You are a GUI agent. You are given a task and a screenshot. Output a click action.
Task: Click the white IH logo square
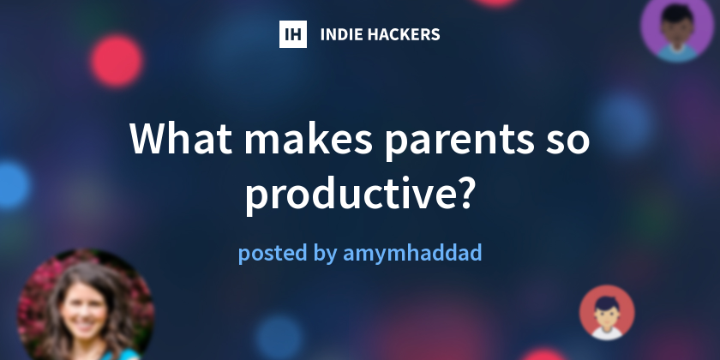point(293,34)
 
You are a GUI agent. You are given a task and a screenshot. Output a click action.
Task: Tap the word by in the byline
point(325,255)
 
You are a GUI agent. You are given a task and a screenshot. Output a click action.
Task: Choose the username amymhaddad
point(412,255)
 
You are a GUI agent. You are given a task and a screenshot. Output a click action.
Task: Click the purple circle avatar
point(678,28)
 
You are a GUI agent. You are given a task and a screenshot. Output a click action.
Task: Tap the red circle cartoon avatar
point(607,312)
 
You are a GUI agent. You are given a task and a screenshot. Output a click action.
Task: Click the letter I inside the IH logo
point(288,34)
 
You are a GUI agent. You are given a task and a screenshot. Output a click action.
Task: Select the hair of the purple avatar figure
point(678,12)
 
